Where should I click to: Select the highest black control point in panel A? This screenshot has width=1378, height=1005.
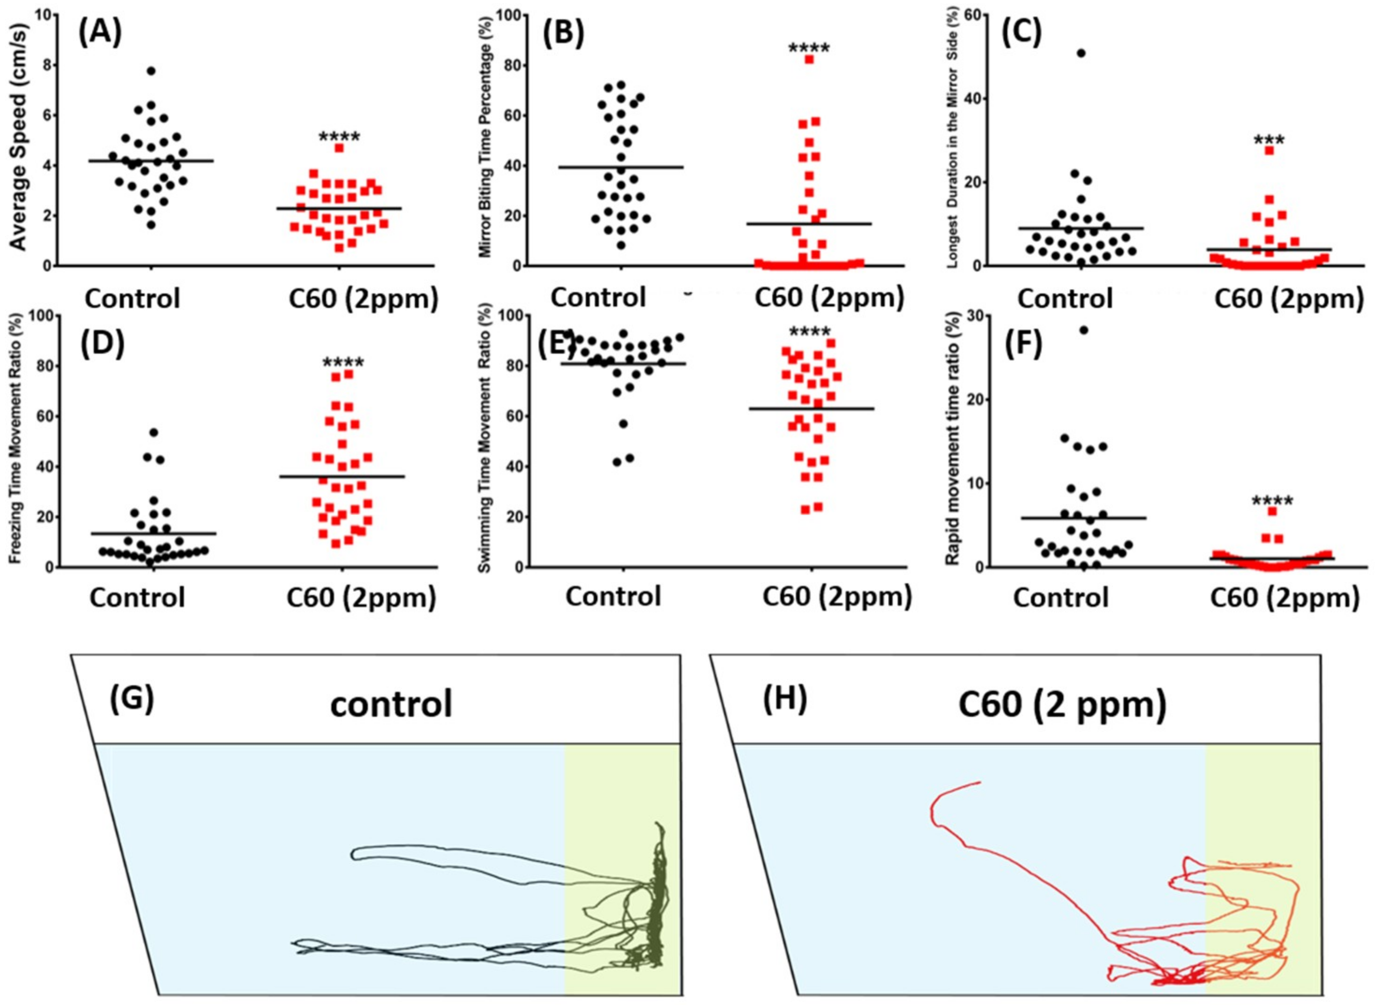click(151, 71)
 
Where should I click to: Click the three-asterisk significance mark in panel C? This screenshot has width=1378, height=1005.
click(1269, 141)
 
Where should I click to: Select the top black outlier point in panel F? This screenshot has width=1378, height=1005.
click(1083, 330)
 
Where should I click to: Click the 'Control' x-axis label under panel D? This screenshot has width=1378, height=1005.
click(138, 597)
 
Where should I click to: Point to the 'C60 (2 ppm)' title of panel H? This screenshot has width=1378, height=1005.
click(1062, 706)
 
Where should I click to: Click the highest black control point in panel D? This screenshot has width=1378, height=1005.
click(154, 432)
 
